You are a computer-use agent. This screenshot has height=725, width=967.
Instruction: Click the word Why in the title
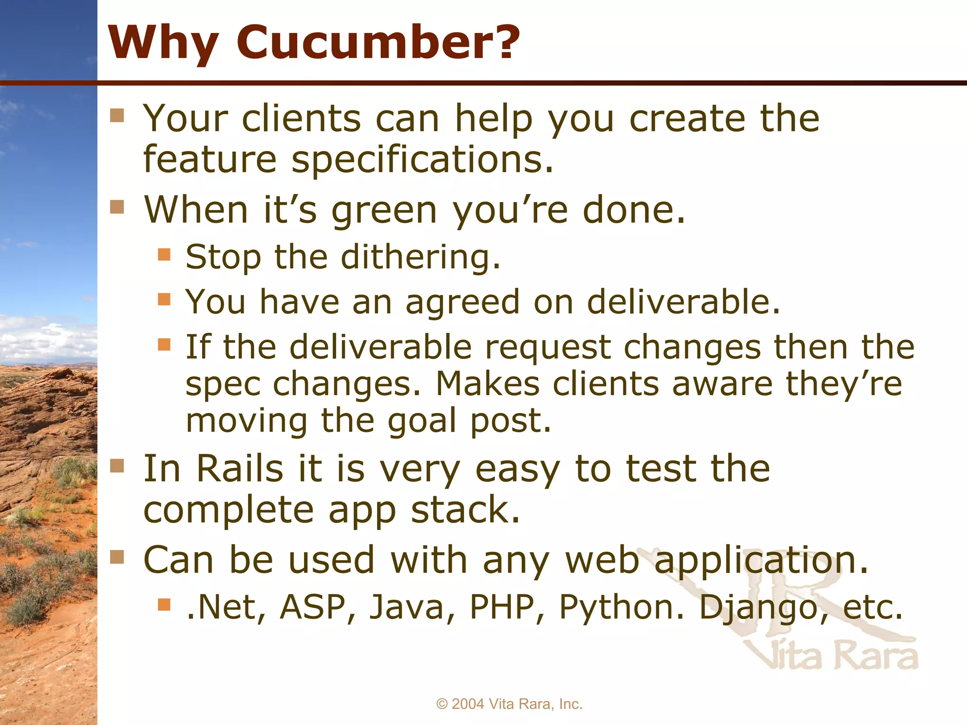[163, 43]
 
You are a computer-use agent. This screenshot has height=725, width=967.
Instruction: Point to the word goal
[422, 422]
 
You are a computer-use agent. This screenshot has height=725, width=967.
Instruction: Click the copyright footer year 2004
[468, 704]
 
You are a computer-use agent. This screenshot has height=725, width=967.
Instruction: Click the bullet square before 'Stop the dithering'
[164, 255]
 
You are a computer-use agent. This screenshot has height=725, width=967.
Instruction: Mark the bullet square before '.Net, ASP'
[164, 604]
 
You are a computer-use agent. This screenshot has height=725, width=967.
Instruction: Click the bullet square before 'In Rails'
[117, 466]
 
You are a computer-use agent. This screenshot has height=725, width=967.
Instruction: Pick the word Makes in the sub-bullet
[487, 384]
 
